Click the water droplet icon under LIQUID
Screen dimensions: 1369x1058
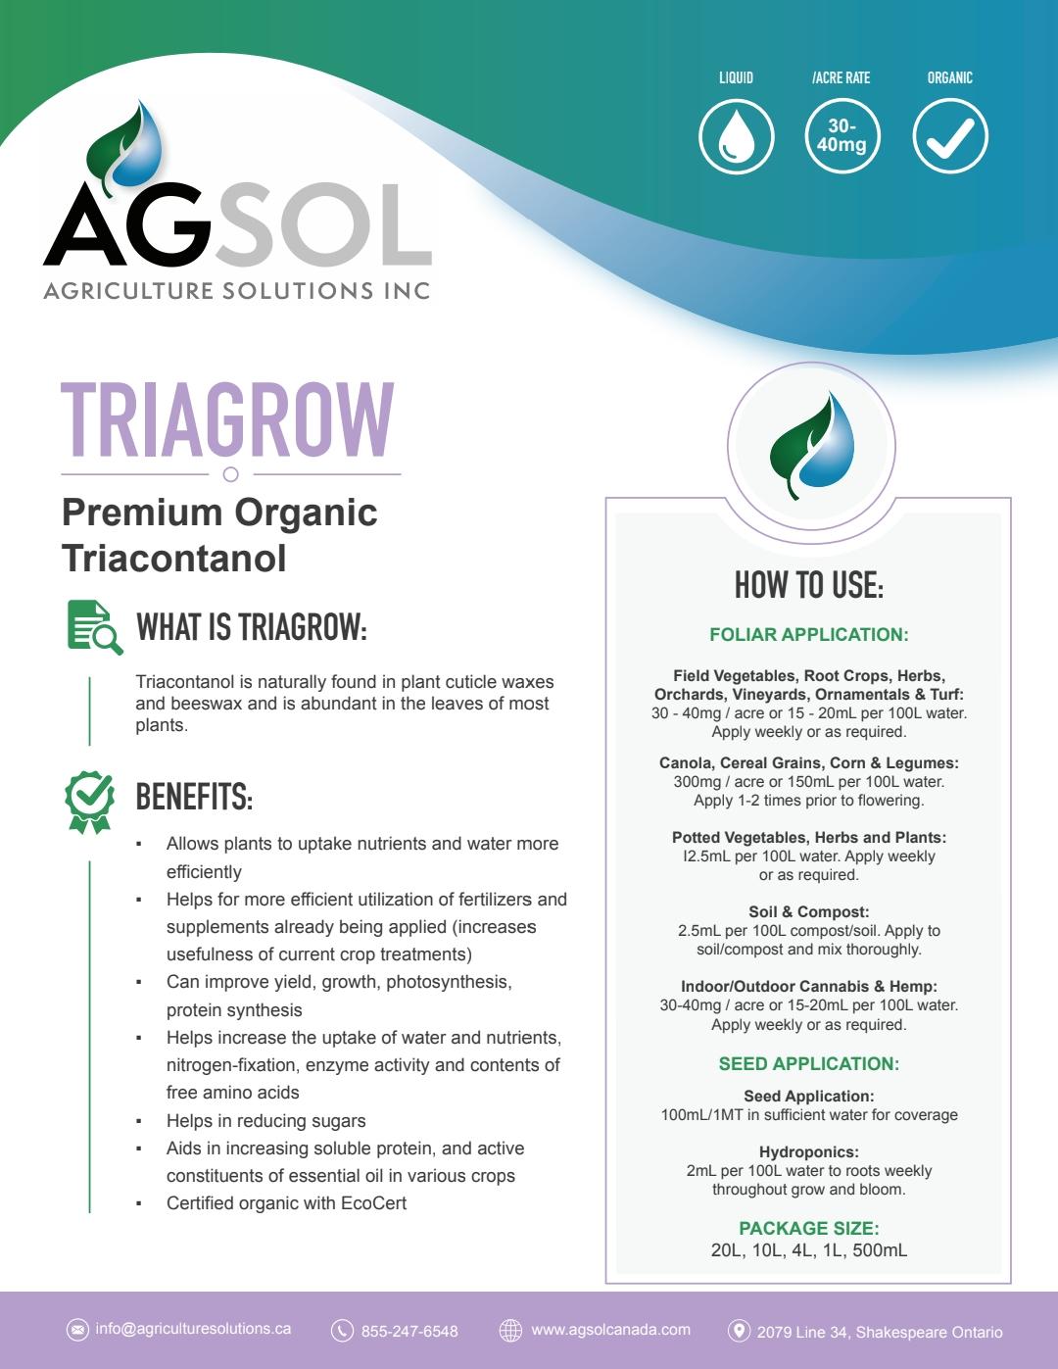pos(737,136)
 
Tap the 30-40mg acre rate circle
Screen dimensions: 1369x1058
pos(842,136)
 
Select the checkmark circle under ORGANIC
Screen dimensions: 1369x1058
pos(949,136)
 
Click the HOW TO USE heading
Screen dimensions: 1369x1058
pos(809,585)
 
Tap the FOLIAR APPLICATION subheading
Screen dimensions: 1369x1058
pos(809,634)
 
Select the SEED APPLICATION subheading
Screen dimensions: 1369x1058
pos(809,1063)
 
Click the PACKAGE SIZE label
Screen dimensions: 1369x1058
pos(809,1228)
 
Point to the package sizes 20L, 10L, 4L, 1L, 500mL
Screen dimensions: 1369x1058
pos(809,1250)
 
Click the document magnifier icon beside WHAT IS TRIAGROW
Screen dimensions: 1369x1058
pos(94,627)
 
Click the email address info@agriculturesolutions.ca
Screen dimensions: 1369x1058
pos(193,1329)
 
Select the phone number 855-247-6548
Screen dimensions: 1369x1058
pos(409,1331)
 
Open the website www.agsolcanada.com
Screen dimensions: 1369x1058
pos(610,1330)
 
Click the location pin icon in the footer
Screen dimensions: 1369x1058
pos(739,1330)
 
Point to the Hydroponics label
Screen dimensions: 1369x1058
pos(809,1152)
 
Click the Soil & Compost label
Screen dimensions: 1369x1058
pos(809,911)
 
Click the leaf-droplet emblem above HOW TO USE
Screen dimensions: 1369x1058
pos(811,446)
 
